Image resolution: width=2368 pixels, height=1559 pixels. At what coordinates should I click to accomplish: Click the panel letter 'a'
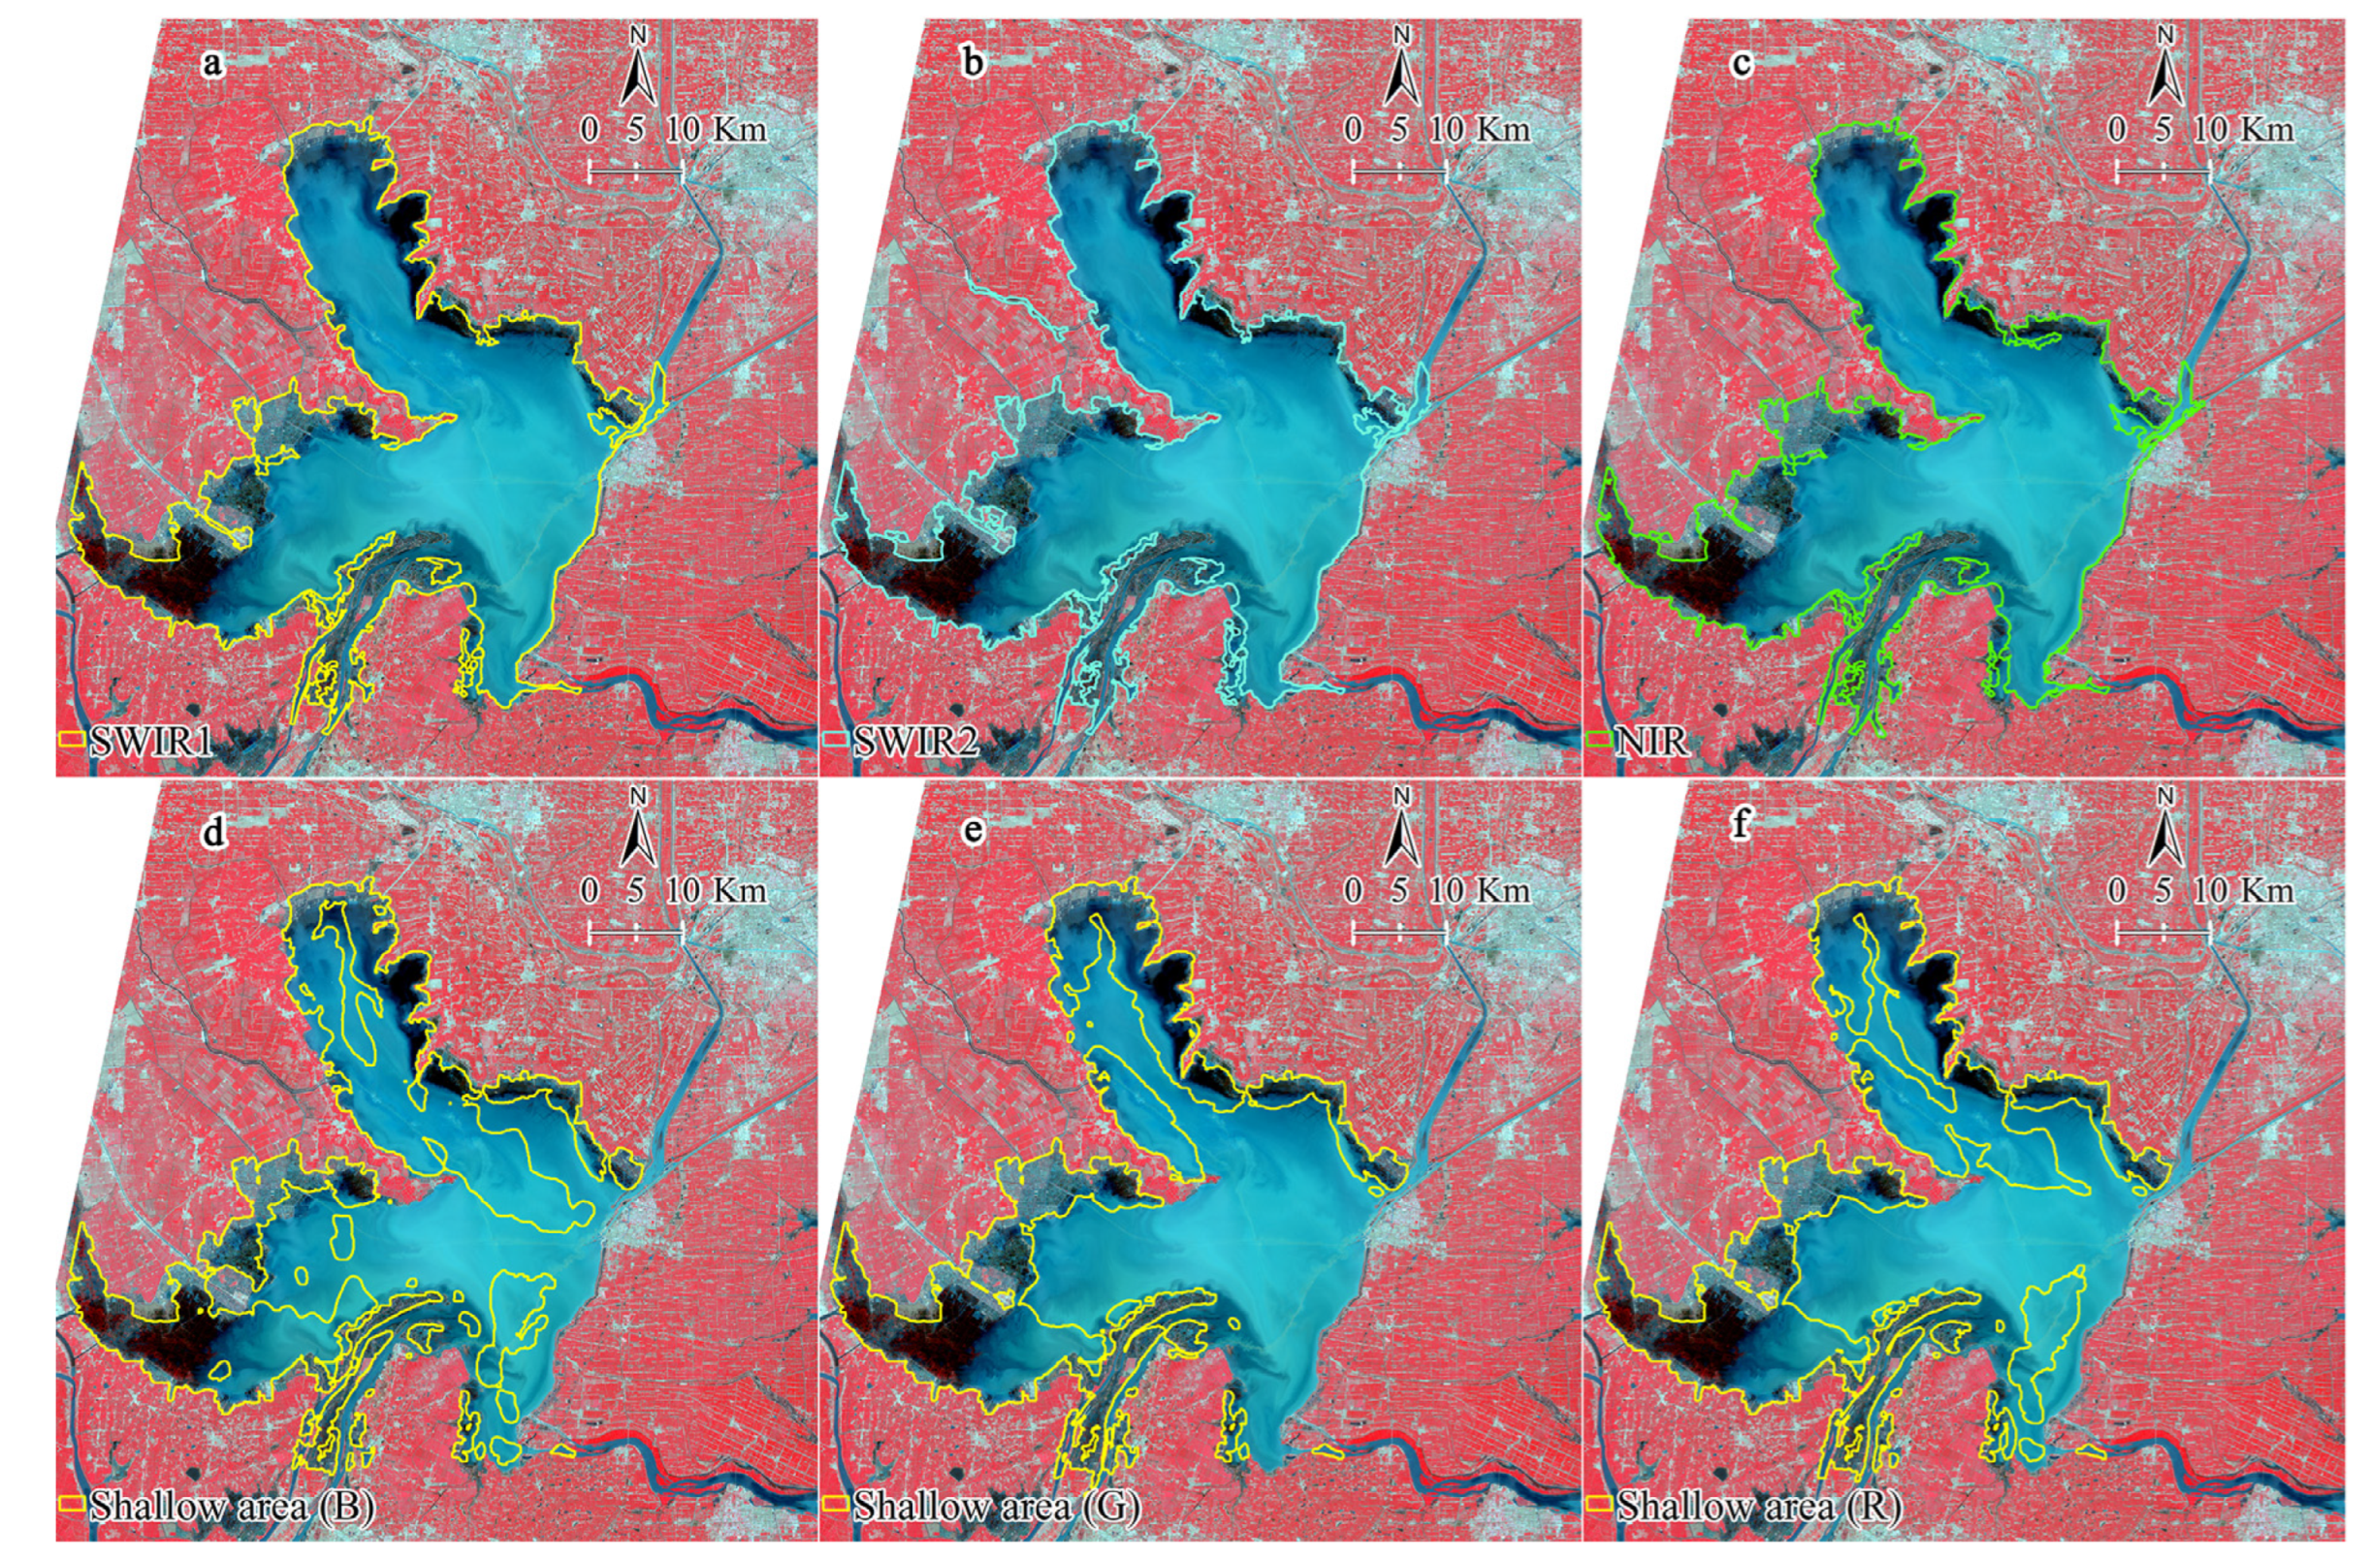click(x=211, y=65)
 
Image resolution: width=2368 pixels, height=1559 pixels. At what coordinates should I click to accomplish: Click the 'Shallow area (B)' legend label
click(x=231, y=1507)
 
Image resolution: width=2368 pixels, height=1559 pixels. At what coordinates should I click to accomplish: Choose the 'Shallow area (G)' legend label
click(x=996, y=1507)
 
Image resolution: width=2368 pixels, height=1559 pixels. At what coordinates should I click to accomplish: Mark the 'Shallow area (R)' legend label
click(x=1759, y=1507)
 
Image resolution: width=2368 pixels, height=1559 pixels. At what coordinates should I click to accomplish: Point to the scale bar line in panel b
click(x=1399, y=173)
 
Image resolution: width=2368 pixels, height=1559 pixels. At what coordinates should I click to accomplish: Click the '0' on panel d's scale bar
click(x=589, y=889)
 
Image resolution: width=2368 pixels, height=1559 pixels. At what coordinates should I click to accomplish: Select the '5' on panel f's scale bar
click(x=2161, y=889)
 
